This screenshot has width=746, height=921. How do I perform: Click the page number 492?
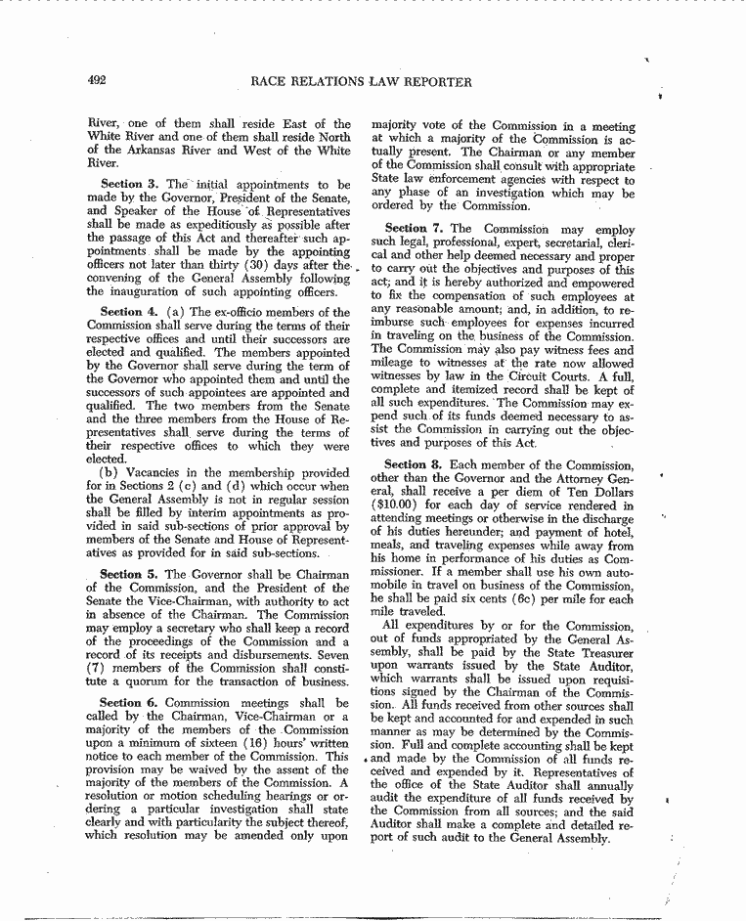[96, 82]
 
